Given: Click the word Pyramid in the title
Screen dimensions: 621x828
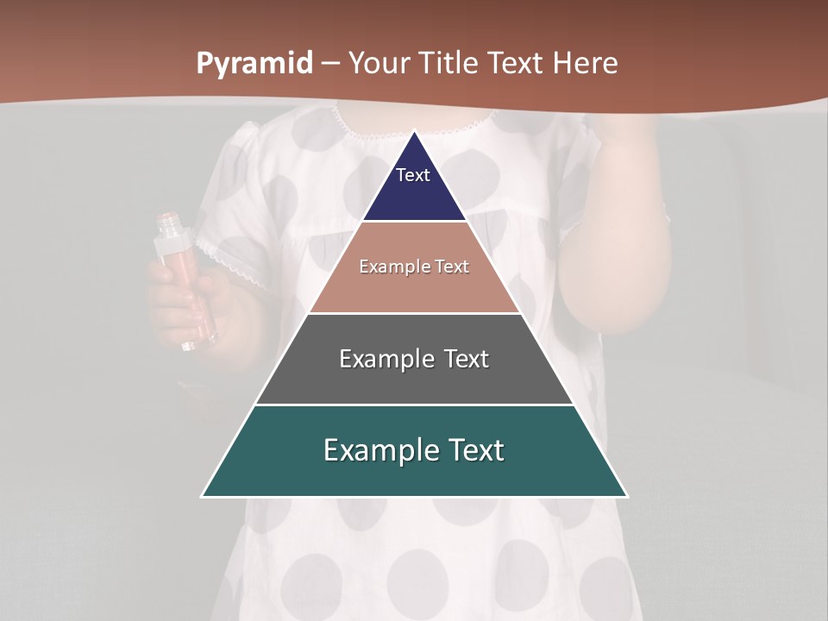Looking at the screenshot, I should [x=254, y=64].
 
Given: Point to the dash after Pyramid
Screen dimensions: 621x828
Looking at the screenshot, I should [x=330, y=64].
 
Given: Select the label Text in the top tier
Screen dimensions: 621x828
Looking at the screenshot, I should [x=413, y=175].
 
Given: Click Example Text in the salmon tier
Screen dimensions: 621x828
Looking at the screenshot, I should [x=414, y=267].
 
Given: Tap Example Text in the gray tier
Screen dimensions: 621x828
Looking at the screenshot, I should [x=414, y=359].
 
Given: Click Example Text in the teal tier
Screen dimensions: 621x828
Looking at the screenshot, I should [x=414, y=450].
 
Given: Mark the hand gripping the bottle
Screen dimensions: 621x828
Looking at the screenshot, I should [x=177, y=306].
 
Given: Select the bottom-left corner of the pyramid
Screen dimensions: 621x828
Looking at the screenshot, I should [x=203, y=496].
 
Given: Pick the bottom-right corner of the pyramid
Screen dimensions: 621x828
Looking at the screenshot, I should [x=626, y=496].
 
